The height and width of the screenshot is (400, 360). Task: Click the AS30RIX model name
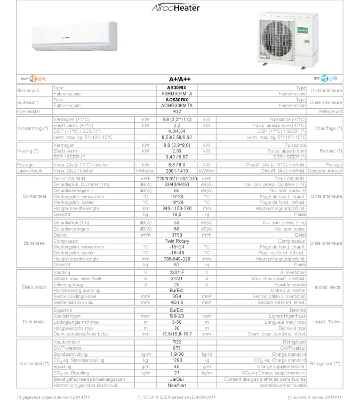(x=177, y=87)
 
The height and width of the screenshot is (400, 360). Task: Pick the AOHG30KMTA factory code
(x=177, y=106)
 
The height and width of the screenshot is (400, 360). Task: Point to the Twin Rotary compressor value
(x=177, y=241)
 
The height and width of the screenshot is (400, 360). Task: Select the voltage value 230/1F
(x=177, y=273)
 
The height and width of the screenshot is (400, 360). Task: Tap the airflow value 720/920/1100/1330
(x=177, y=178)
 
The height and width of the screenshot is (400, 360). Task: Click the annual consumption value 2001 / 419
(x=177, y=171)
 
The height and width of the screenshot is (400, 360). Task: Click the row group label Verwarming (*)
(x=33, y=129)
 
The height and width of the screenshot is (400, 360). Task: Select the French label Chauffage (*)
(x=328, y=129)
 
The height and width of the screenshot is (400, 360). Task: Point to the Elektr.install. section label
(x=34, y=287)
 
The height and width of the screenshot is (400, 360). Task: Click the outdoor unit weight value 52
(x=177, y=265)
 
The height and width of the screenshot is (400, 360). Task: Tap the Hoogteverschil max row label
(x=74, y=328)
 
